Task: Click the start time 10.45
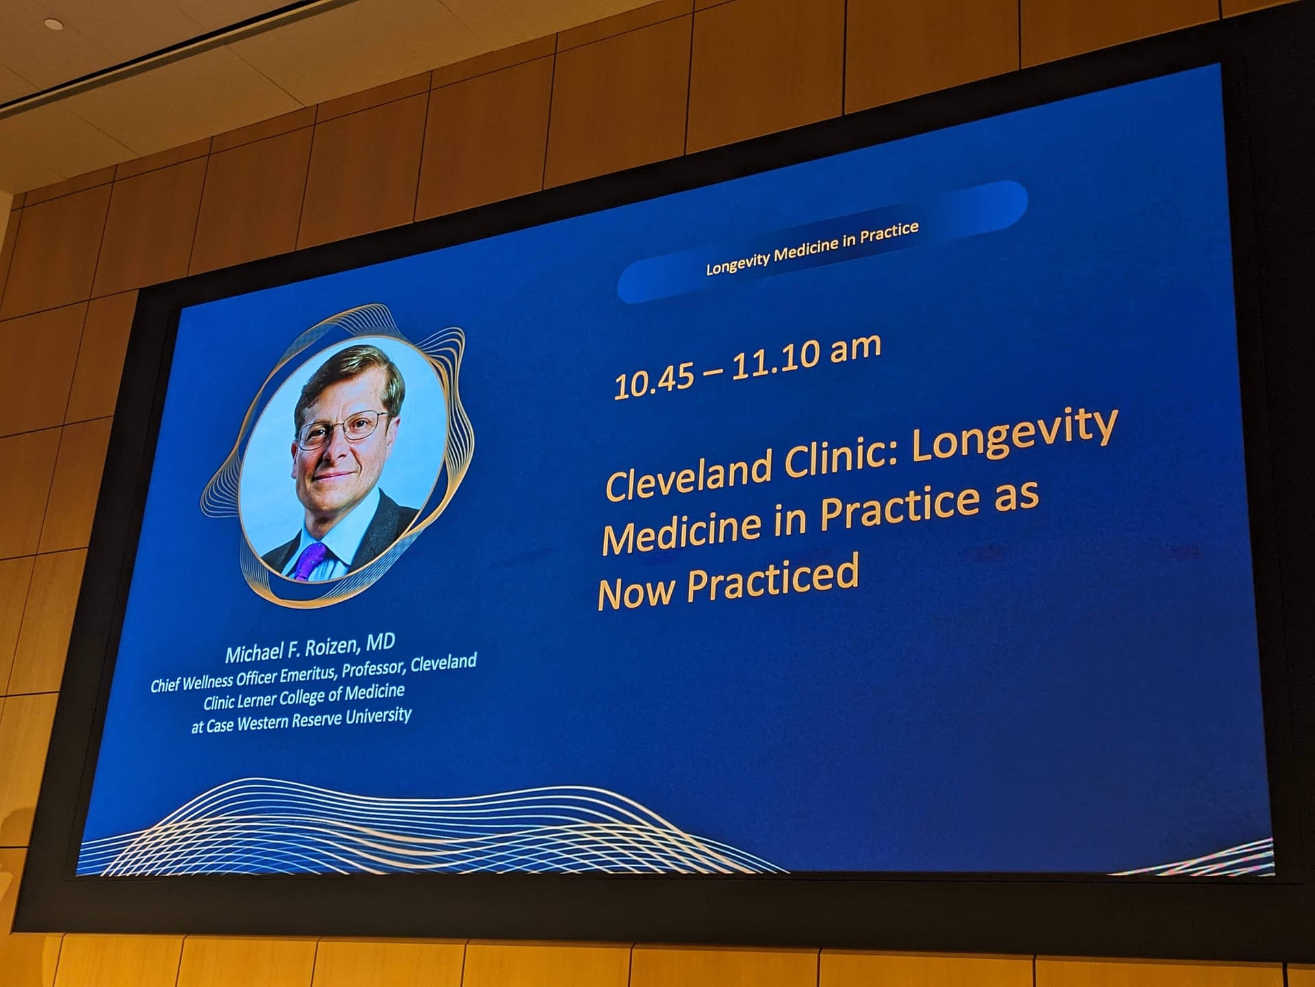point(653,382)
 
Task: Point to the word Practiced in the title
point(773,581)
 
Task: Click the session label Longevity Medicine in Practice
point(812,248)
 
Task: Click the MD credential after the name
point(381,642)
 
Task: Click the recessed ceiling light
point(54,24)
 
